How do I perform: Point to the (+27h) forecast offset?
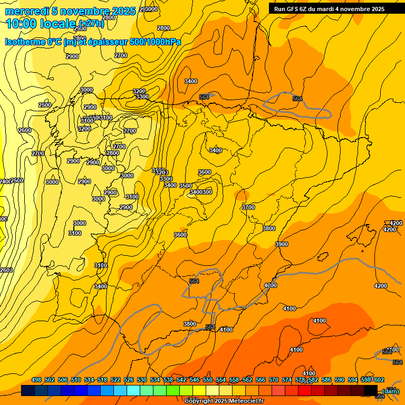(92, 23)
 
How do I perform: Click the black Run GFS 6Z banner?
(329, 8)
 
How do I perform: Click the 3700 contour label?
(248, 207)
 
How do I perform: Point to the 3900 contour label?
(282, 244)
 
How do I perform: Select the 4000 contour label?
(271, 285)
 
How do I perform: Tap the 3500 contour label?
(186, 186)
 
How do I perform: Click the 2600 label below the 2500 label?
(25, 130)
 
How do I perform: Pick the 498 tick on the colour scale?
(36, 380)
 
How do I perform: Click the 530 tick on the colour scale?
(142, 380)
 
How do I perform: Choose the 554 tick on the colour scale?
(221, 380)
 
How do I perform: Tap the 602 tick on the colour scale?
(379, 380)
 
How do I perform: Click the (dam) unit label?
(391, 391)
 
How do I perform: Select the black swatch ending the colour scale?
(371, 390)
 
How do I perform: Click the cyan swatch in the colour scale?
(133, 390)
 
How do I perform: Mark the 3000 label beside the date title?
(151, 9)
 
